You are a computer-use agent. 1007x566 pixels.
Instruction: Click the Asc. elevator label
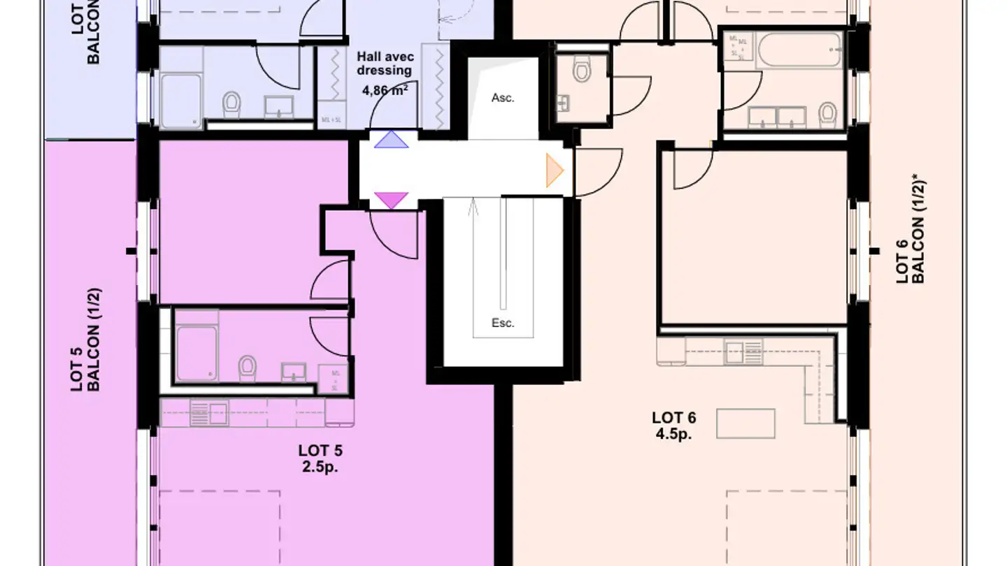(x=503, y=98)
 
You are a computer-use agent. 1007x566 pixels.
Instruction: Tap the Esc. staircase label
(x=503, y=323)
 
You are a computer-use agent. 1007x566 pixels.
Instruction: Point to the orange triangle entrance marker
(x=555, y=170)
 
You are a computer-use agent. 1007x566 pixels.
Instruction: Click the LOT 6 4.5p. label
(x=673, y=426)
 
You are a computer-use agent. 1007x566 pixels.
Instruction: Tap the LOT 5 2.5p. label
(x=320, y=458)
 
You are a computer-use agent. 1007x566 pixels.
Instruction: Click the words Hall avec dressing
(x=384, y=64)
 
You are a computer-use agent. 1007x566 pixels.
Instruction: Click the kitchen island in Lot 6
(x=745, y=423)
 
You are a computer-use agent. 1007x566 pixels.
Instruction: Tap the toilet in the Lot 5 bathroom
(x=246, y=368)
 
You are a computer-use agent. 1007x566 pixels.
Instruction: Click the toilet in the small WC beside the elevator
(x=581, y=70)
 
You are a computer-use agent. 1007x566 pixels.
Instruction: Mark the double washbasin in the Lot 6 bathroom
(x=778, y=117)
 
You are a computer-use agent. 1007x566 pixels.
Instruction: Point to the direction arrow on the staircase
(x=474, y=210)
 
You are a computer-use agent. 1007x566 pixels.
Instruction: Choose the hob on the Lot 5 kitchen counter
(x=208, y=412)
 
